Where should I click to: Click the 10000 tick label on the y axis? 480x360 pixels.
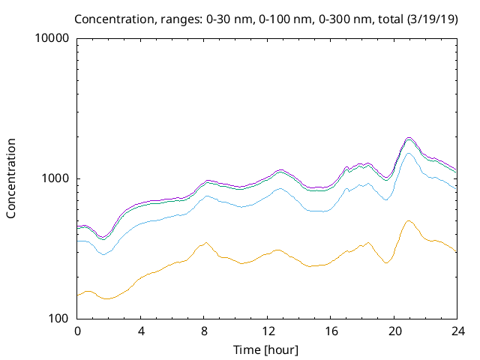[x=52, y=39]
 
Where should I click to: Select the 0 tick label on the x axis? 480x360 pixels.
[x=77, y=331]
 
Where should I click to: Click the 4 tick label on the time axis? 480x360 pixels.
[x=141, y=331]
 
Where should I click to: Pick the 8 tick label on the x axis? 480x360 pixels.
[x=204, y=331]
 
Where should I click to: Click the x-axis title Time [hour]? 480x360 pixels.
[x=267, y=349]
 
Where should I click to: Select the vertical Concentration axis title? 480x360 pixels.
[x=11, y=178]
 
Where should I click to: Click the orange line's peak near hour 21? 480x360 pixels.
[x=409, y=220]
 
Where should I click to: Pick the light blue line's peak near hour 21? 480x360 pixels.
[x=409, y=153]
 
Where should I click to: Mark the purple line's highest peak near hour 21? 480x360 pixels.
[x=409, y=138]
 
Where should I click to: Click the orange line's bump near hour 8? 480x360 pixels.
[x=205, y=242]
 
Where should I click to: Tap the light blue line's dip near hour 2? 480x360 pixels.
[x=105, y=254]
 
